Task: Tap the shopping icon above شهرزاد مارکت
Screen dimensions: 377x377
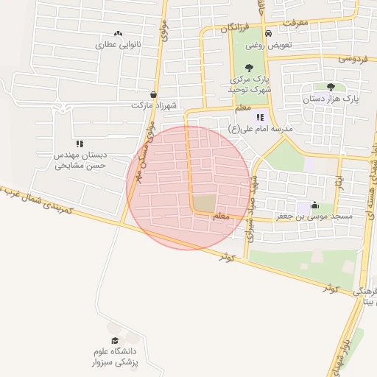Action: click(153, 94)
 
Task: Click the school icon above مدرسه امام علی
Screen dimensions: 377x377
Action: click(259, 117)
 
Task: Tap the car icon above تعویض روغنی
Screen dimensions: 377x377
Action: click(269, 34)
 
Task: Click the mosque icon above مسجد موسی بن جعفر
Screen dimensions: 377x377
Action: click(315, 205)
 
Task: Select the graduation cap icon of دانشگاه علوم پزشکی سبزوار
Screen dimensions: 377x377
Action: click(114, 339)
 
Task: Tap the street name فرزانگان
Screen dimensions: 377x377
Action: click(236, 28)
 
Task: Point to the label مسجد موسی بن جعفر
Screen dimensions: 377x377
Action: click(320, 216)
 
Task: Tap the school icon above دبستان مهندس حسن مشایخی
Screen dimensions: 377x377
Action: click(80, 144)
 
